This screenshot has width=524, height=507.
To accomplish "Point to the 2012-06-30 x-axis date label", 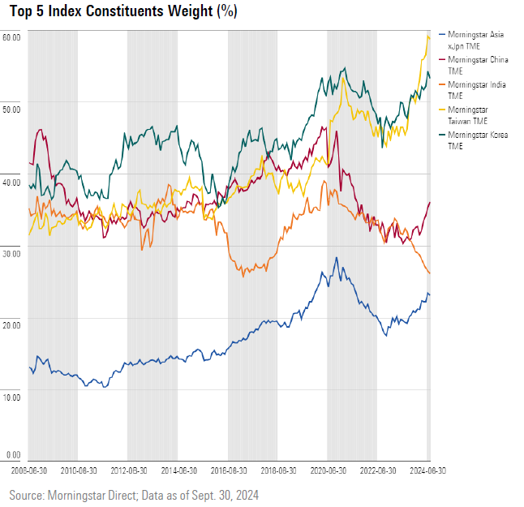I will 129,470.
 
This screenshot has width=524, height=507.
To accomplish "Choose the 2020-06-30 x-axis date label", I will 329,470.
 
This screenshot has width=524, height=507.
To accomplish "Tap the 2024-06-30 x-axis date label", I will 426,470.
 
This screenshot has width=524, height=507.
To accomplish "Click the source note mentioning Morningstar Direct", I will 134,494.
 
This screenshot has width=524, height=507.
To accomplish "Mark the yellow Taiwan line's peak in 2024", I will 428,36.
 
